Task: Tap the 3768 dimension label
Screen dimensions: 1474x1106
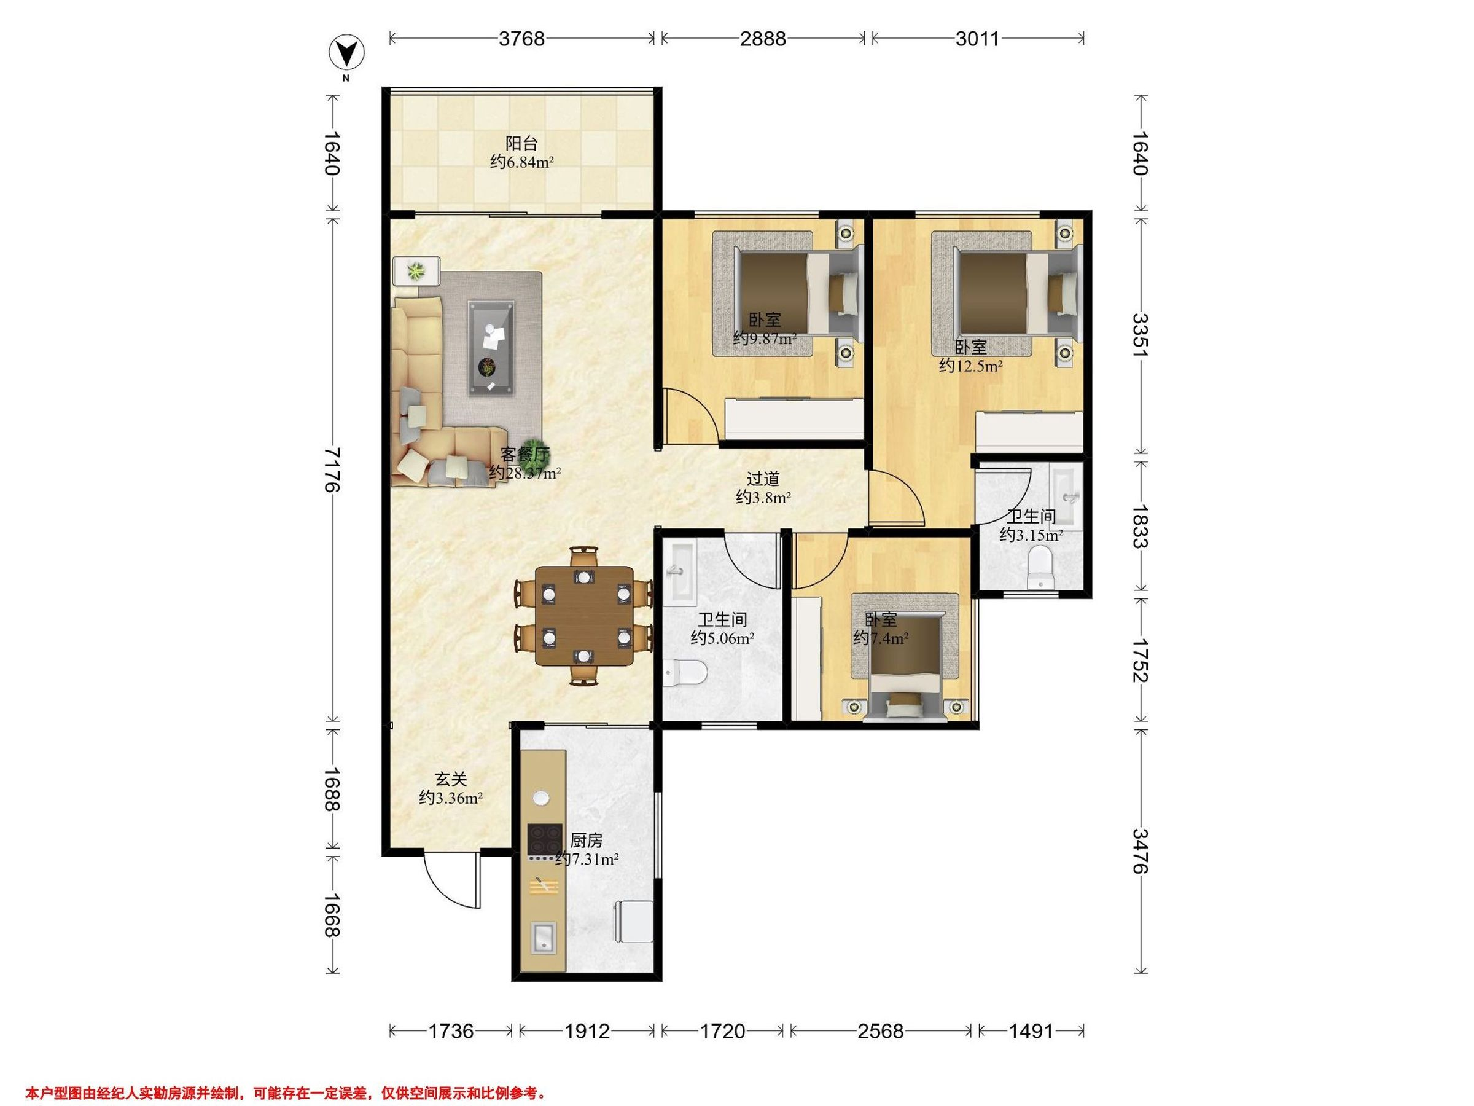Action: coord(522,39)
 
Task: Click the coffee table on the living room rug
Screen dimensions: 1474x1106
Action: coord(491,348)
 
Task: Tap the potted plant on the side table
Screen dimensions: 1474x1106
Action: coord(416,271)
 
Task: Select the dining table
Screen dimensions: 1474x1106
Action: coord(585,616)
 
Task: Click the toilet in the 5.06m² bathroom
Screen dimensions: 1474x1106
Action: coord(684,673)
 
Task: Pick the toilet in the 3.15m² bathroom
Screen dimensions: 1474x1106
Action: coord(1040,567)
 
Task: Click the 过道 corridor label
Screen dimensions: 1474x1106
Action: coord(763,479)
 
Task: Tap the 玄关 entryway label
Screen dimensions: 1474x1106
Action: coord(451,779)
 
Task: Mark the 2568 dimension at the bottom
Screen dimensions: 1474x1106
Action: coord(880,1031)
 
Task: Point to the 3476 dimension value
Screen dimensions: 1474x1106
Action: coord(1140,850)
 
